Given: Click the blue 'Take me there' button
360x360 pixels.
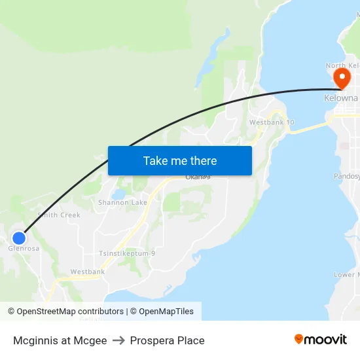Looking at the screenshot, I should click(180, 160).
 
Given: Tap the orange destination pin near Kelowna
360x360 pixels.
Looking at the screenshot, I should click(341, 79).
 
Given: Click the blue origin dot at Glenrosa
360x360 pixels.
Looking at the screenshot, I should click(20, 238).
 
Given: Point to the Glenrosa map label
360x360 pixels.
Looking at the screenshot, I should click(24, 249).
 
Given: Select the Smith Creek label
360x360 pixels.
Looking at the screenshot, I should click(59, 215).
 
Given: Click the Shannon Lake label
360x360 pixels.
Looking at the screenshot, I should click(122, 203).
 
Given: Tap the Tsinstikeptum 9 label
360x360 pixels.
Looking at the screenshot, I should click(126, 253).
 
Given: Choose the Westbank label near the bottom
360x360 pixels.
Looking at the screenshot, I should click(88, 272).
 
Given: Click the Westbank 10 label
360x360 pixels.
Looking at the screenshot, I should click(272, 122).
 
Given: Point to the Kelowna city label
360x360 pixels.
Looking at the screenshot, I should click(341, 98).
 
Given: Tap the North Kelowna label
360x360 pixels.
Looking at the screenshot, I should click(342, 66).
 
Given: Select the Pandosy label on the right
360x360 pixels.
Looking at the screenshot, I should click(347, 176).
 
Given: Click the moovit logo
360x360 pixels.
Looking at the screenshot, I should click(320, 339).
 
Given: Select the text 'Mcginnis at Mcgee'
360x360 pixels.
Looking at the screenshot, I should click(60, 340).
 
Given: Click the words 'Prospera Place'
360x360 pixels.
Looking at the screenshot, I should click(167, 340).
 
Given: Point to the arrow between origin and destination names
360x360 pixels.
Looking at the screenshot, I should click(118, 340).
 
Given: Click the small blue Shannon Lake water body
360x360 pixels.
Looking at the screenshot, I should click(118, 194).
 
